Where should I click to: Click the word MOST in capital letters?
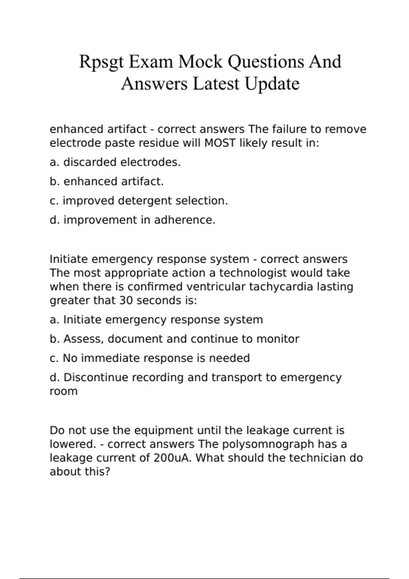click(x=220, y=143)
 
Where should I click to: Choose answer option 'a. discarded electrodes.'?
click(x=115, y=162)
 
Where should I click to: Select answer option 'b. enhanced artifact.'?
click(x=107, y=182)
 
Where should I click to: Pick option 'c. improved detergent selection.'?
click(x=139, y=201)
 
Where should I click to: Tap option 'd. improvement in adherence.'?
click(x=133, y=220)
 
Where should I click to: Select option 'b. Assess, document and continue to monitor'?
click(x=175, y=339)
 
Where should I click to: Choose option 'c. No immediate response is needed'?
click(x=150, y=358)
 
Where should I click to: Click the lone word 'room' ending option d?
click(x=64, y=391)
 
